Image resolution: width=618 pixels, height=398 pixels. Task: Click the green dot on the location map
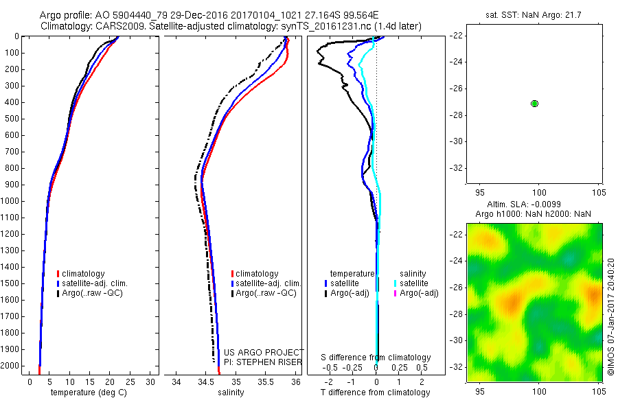point(535,103)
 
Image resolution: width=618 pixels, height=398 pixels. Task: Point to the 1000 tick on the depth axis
point(12,201)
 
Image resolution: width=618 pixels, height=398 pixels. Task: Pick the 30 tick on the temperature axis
point(150,382)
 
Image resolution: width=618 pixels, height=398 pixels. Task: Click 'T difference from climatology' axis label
point(375,393)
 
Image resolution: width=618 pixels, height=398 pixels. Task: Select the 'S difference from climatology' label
point(376,358)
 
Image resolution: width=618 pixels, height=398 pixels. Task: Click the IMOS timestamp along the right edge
point(610,318)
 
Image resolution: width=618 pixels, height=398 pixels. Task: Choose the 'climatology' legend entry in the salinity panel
point(257,274)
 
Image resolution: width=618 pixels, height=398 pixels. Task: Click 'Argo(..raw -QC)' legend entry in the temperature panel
point(92,293)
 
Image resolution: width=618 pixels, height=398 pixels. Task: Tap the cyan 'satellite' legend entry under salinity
point(414,283)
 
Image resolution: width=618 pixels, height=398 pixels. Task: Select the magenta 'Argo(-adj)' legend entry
point(419,293)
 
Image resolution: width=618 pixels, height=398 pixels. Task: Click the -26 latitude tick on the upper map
point(456,89)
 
